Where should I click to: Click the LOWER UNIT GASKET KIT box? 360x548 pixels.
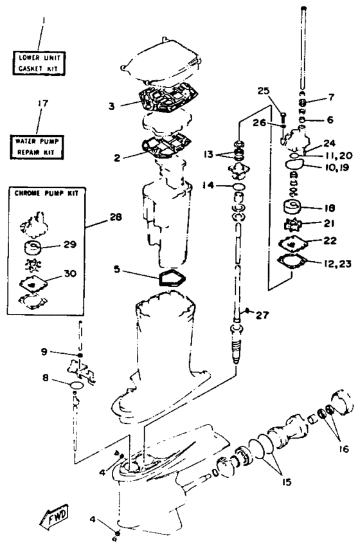39,63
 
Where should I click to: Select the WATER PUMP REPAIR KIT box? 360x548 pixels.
37,147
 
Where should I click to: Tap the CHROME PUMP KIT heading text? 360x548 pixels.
46,193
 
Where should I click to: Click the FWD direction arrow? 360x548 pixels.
55,516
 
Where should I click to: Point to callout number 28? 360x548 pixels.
116,217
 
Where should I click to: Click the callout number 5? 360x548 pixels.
116,269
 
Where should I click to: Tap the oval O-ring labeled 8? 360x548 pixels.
76,385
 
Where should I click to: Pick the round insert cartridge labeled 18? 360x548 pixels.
294,207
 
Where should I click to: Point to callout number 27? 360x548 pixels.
262,315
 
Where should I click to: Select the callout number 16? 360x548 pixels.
343,448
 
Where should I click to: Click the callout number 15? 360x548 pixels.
286,482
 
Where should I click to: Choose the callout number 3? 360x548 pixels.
111,105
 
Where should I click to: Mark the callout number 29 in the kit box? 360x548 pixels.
70,244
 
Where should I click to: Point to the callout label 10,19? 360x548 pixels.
335,168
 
